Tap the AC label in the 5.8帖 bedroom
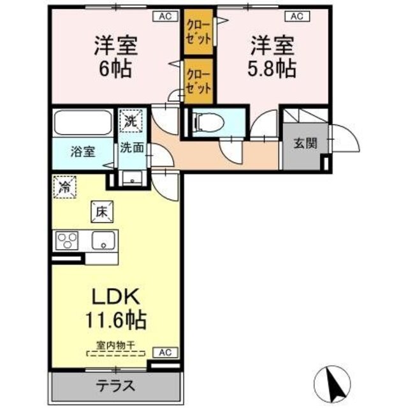tap(296, 17)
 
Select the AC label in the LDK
tap(164, 353)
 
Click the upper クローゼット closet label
tap(198, 31)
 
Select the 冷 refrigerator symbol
tap(65, 186)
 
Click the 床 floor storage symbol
tap(101, 212)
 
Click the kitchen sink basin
tap(103, 241)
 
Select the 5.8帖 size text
tap(272, 68)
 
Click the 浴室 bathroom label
tap(84, 152)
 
